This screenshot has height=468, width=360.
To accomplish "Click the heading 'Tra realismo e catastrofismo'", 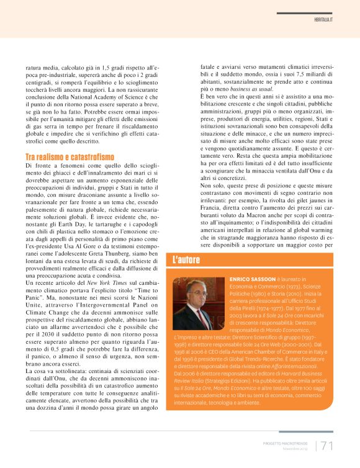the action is tap(70, 157).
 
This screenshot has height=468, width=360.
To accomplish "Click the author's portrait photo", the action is tap(199, 303).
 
